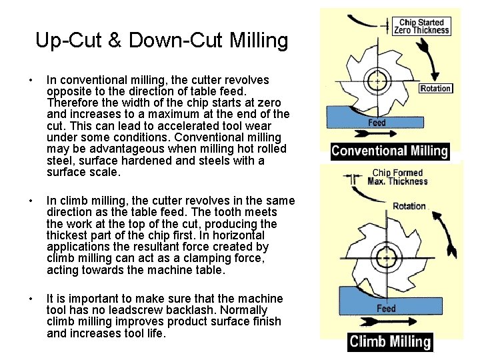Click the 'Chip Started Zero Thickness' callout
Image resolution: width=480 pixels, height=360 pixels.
pyautogui.click(x=424, y=27)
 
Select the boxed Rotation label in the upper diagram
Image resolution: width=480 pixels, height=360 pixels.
pyautogui.click(x=435, y=89)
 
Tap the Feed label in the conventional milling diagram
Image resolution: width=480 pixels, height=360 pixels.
pyautogui.click(x=377, y=123)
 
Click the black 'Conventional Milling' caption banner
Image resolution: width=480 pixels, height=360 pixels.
pyautogui.click(x=390, y=151)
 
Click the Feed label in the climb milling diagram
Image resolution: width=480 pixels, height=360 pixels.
pyautogui.click(x=386, y=309)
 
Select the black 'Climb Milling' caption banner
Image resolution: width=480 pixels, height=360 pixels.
pyautogui.click(x=390, y=342)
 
